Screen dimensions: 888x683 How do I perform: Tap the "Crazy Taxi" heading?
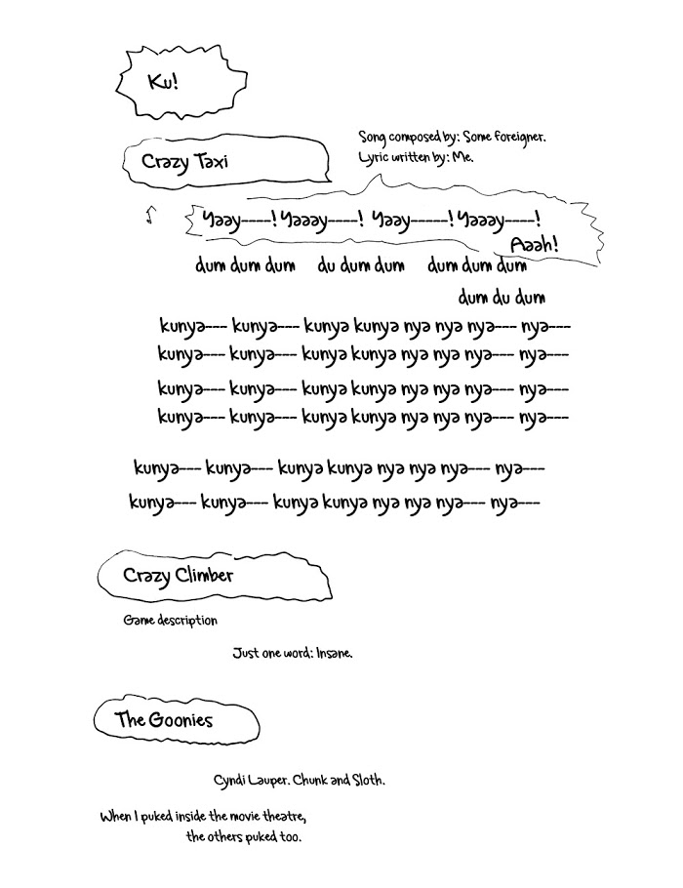[x=184, y=161]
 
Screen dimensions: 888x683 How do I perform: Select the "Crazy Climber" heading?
[x=178, y=576]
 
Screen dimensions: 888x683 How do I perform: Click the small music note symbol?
[x=149, y=216]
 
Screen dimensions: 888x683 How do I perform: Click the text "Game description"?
[x=170, y=621]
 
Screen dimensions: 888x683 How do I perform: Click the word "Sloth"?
[x=365, y=782]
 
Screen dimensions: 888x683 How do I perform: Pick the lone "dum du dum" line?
[x=502, y=297]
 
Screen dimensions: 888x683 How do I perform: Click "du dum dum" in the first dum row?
[x=361, y=265]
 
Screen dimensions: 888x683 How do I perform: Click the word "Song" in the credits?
[x=374, y=138]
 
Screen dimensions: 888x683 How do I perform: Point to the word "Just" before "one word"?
[x=245, y=653]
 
